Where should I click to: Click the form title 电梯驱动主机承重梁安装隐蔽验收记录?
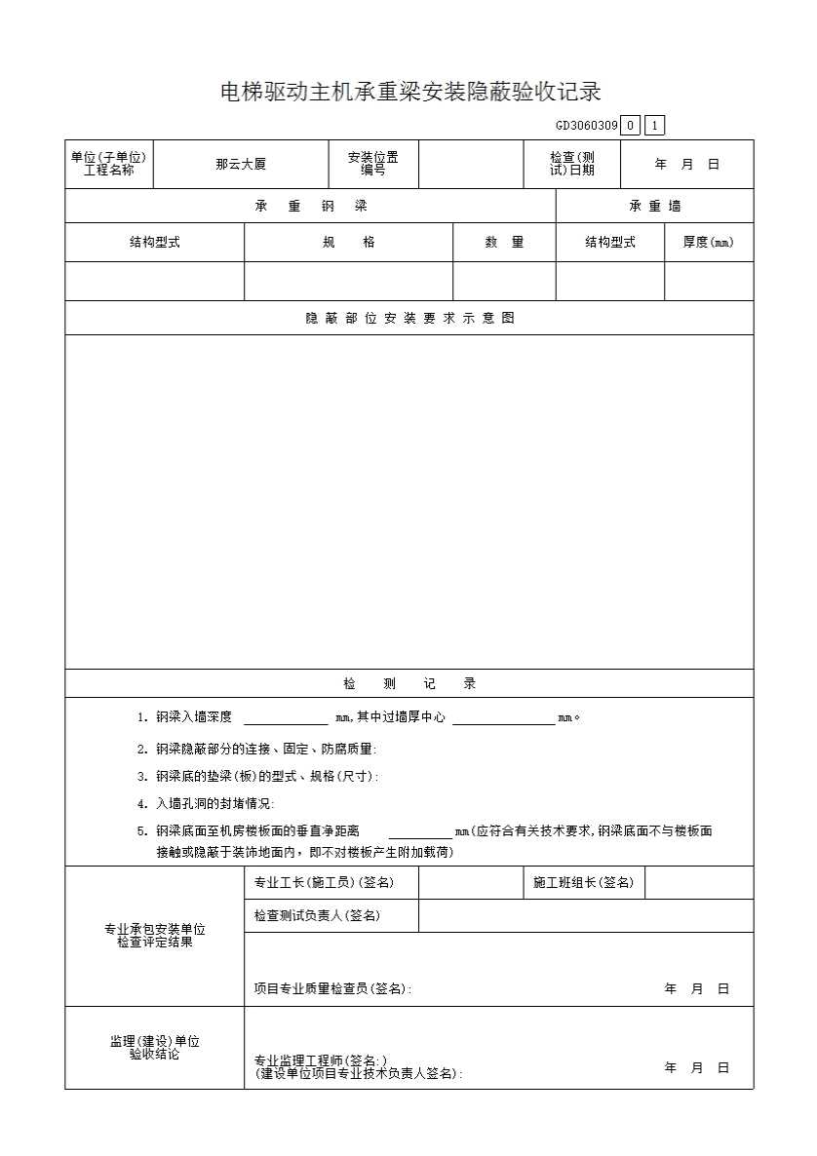[x=409, y=93]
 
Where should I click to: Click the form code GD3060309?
[x=587, y=126]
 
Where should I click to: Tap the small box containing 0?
[x=631, y=126]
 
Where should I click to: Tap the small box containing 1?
[x=655, y=126]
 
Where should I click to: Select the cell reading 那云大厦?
[x=241, y=165]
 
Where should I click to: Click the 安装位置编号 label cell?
[x=373, y=164]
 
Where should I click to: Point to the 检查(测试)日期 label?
[x=572, y=164]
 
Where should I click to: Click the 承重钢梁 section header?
[x=310, y=207]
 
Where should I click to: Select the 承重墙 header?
[x=655, y=207]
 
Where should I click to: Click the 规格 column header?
[x=348, y=243]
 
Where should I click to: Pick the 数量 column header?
[x=504, y=243]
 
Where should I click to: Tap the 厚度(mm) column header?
[x=709, y=243]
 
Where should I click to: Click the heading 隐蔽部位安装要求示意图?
[x=409, y=318]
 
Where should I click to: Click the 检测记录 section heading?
[x=409, y=684]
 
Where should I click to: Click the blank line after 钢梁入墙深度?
[x=286, y=718]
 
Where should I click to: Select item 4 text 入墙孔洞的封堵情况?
[x=214, y=804]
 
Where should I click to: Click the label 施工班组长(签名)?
[x=583, y=883]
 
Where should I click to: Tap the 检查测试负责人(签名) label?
[x=317, y=916]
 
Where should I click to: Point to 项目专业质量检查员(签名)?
[x=332, y=988]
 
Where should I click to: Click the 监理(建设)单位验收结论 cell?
[x=154, y=1048]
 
